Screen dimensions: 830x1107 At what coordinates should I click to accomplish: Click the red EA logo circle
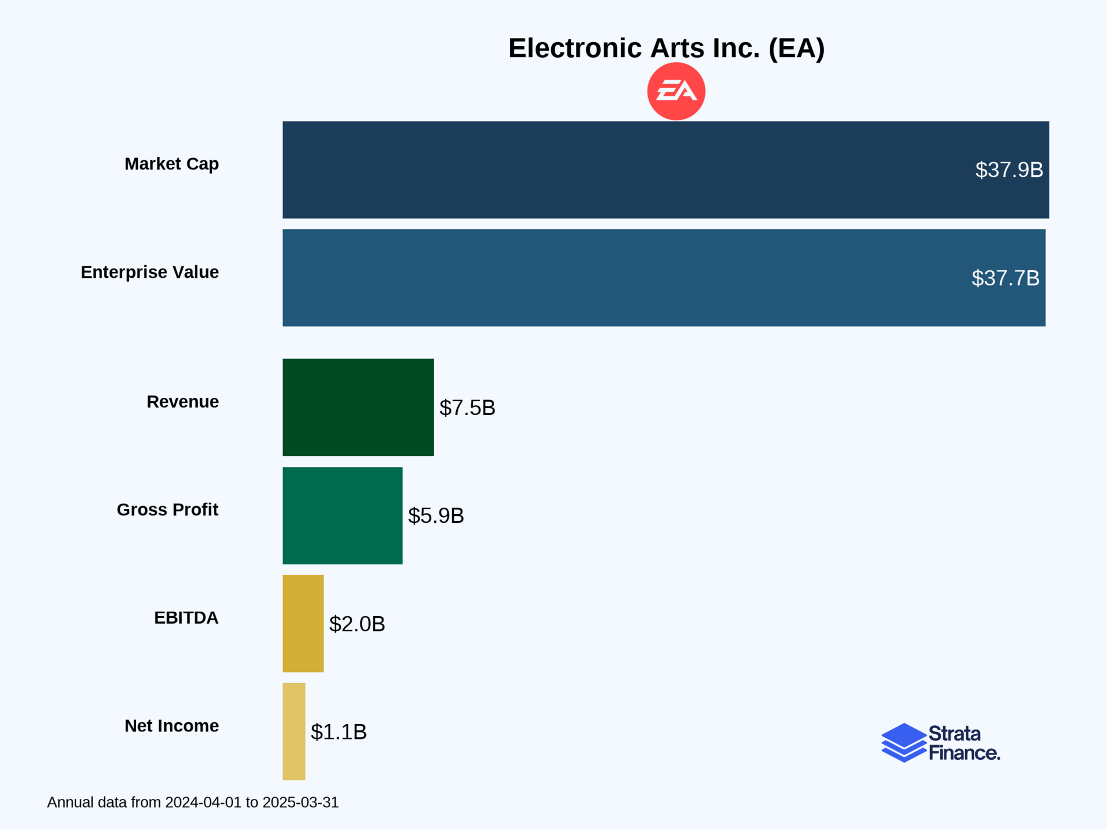(676, 92)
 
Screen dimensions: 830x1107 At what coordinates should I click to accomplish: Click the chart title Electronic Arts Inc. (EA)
(666, 48)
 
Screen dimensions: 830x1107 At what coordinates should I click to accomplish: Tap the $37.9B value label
(1009, 170)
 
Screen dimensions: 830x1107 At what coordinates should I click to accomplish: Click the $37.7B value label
(1005, 278)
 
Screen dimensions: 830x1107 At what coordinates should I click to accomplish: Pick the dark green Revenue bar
(358, 407)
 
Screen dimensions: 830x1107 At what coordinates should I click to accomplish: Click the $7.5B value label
(467, 408)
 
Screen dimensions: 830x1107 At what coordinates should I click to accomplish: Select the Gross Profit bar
(342, 515)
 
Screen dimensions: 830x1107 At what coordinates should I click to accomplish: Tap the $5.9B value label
(436, 516)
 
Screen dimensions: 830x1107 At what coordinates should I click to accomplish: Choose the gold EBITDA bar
(303, 623)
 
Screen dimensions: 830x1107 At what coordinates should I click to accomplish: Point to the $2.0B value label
(357, 624)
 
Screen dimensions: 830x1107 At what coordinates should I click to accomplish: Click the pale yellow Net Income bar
(293, 731)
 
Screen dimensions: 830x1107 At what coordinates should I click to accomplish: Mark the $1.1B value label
(338, 732)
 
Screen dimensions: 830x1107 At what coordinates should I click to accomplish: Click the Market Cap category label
(171, 164)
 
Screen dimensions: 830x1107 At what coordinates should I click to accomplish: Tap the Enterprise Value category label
(149, 272)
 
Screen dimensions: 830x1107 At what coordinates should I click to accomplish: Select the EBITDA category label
(186, 618)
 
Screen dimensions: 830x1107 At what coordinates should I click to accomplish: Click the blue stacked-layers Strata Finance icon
(903, 742)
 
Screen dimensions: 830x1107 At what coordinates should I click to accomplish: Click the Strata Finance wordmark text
(963, 743)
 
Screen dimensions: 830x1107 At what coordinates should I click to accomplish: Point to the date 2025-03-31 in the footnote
(300, 802)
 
